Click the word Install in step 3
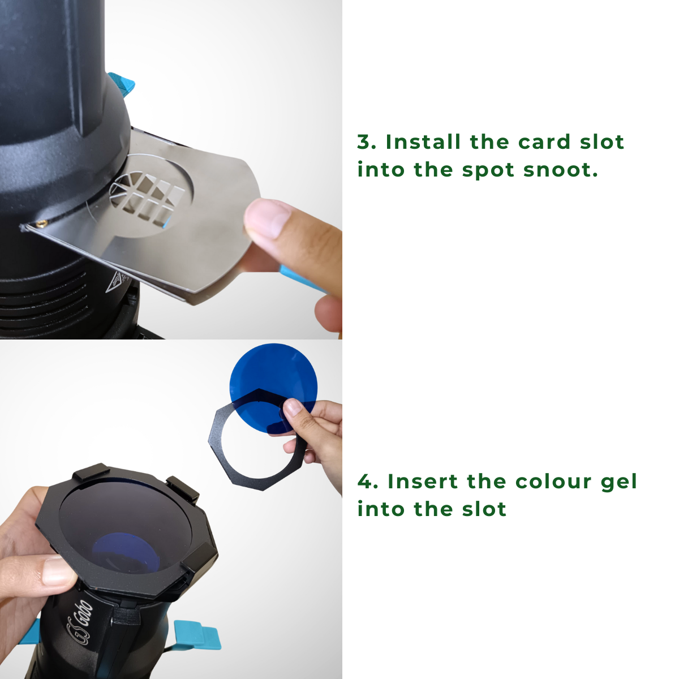[x=423, y=142]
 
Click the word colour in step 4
[x=553, y=482]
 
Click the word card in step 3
[x=544, y=142]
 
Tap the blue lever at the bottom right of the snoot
[x=197, y=635]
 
